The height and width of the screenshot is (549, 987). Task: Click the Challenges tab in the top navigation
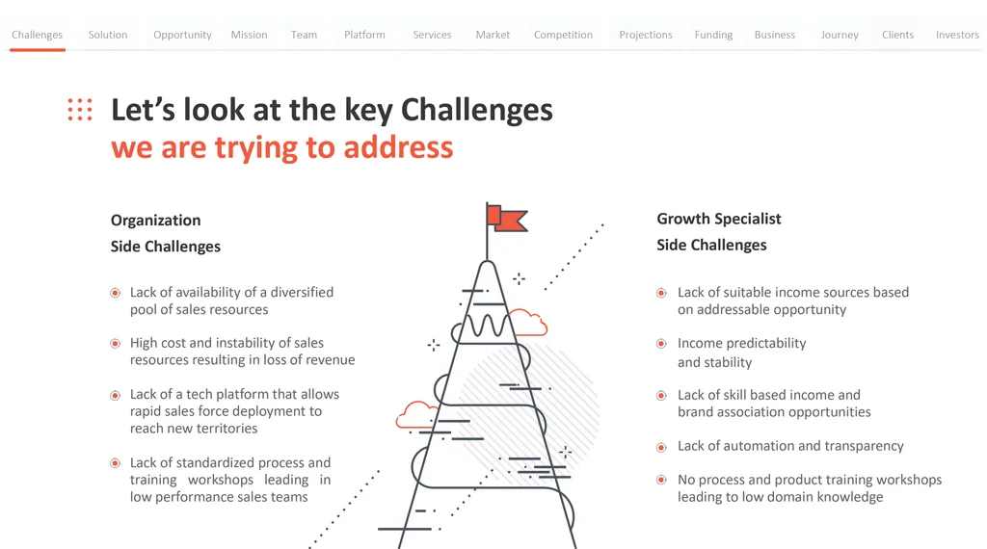pyautogui.click(x=38, y=35)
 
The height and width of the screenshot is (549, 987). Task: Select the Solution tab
pyautogui.click(x=108, y=35)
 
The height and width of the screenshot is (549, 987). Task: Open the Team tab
pyautogui.click(x=304, y=35)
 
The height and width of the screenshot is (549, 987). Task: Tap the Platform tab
pyautogui.click(x=364, y=35)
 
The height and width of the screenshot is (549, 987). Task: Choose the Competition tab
pyautogui.click(x=563, y=35)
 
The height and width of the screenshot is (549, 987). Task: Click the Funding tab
pyautogui.click(x=714, y=35)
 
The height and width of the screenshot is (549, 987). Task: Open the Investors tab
pyautogui.click(x=957, y=35)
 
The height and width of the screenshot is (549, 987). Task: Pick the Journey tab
pyautogui.click(x=840, y=35)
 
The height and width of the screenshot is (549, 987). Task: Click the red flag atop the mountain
pyautogui.click(x=507, y=219)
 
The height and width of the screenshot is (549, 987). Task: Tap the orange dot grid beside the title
pyautogui.click(x=80, y=110)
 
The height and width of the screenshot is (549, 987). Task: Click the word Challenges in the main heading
pyautogui.click(x=476, y=110)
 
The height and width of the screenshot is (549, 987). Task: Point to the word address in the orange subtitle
pyautogui.click(x=398, y=147)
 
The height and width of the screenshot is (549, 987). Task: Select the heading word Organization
pyautogui.click(x=155, y=221)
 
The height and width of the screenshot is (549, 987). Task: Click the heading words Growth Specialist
pyautogui.click(x=719, y=219)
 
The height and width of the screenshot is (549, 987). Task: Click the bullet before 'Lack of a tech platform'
pyautogui.click(x=116, y=396)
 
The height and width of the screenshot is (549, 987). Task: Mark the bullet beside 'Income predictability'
pyautogui.click(x=661, y=344)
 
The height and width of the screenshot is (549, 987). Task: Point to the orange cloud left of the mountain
pyautogui.click(x=415, y=414)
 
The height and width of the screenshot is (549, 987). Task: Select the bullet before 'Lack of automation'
pyautogui.click(x=661, y=448)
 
